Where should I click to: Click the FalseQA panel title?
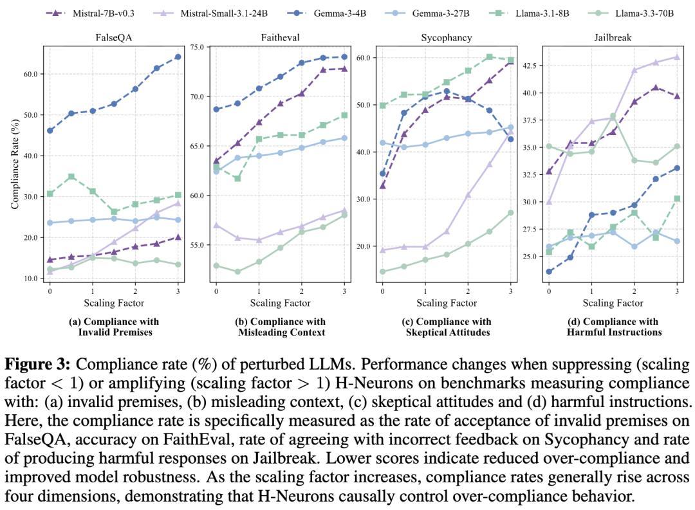[113, 38]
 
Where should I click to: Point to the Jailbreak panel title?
[613, 38]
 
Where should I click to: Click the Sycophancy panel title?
[447, 38]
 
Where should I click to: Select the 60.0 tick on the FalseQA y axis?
[29, 74]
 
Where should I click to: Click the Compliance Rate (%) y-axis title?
[15, 164]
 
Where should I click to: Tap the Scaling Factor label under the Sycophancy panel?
[447, 303]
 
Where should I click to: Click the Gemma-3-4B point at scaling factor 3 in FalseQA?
[178, 57]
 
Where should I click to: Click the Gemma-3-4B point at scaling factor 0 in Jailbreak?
[549, 271]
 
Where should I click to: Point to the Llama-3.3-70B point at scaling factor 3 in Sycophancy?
[511, 213]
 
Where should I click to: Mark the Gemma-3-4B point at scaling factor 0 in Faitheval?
[216, 109]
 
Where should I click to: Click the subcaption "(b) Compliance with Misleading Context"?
[281, 327]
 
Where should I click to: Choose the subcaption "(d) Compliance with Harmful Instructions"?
[613, 327]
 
